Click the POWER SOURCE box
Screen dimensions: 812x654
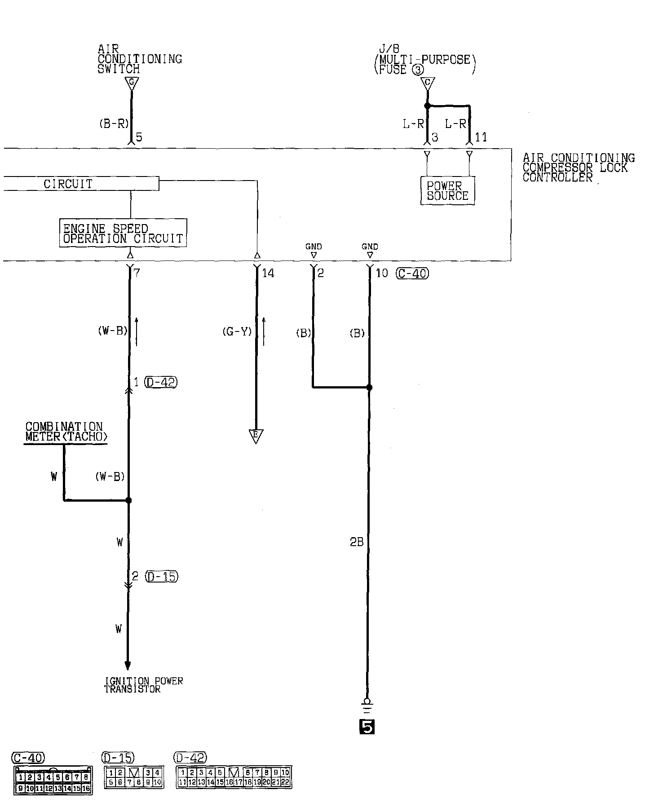[x=447, y=191]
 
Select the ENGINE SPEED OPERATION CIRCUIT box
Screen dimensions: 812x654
[x=123, y=233]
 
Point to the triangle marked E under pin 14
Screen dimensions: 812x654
[x=256, y=436]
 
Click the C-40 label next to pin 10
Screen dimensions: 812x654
[x=412, y=273]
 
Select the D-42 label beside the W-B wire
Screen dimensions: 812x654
[x=161, y=382]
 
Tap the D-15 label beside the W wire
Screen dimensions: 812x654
[x=162, y=576]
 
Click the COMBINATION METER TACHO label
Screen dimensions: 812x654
[x=66, y=432]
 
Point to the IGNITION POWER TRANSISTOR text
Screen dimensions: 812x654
[x=143, y=685]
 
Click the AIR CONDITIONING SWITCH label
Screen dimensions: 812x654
[x=139, y=59]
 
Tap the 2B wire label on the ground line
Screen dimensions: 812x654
[x=357, y=543]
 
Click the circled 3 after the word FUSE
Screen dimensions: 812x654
[x=418, y=70]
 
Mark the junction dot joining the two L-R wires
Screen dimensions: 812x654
[x=427, y=106]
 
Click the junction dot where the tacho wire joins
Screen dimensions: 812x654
[x=128, y=500]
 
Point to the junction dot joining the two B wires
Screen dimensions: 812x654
[x=369, y=387]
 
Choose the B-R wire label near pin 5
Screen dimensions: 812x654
[x=114, y=124]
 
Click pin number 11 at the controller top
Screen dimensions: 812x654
[x=481, y=137]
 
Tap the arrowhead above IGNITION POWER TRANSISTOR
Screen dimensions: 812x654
[x=128, y=665]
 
